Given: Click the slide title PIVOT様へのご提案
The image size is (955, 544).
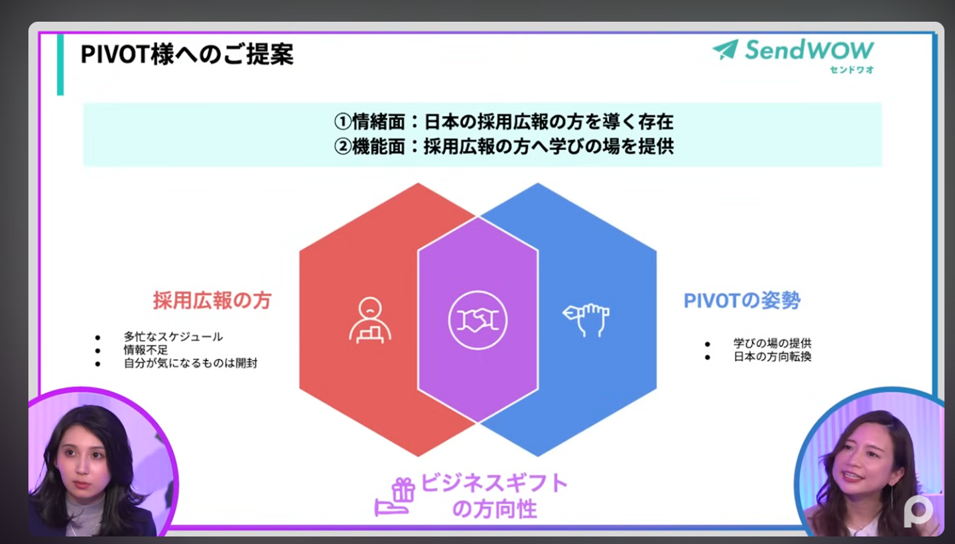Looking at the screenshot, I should [x=186, y=54].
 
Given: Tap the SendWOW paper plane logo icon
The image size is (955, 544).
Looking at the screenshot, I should [x=726, y=50].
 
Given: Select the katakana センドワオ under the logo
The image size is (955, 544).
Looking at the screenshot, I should [x=851, y=70].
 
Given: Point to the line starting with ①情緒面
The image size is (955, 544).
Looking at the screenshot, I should [x=503, y=122].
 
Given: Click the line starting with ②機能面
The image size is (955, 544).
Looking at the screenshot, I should [x=503, y=147].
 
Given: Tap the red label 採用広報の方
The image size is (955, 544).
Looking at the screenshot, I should [x=212, y=301].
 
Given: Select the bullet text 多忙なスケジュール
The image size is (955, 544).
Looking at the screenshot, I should [x=173, y=337].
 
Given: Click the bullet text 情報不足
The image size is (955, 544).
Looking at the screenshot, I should [x=146, y=350].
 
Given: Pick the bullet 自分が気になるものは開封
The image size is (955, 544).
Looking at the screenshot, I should [x=190, y=363].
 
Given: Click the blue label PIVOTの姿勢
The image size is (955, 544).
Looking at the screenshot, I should [x=742, y=301].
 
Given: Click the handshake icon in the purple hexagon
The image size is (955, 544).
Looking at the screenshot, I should [x=477, y=320].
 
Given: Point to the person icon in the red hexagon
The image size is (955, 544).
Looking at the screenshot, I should [x=369, y=320].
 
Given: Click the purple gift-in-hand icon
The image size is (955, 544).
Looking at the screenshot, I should [x=395, y=497].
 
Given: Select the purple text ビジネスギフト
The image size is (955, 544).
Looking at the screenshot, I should [x=495, y=483].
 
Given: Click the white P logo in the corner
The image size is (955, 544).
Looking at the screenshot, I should [x=918, y=511].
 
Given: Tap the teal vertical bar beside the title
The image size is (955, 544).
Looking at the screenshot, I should [x=60, y=64].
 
